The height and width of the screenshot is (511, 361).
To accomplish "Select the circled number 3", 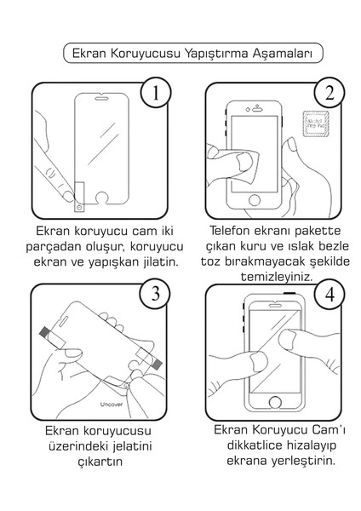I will (155, 295).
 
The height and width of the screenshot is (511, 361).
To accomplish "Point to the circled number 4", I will (329, 295).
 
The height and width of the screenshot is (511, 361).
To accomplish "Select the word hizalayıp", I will (305, 445).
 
